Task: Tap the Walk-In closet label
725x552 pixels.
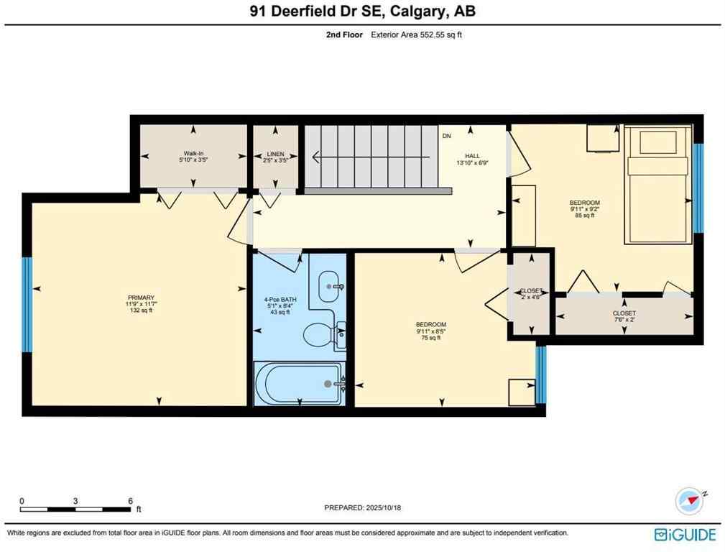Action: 193,157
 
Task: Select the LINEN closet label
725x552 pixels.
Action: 275,157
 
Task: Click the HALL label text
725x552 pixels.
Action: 471,160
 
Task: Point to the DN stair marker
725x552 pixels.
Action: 446,136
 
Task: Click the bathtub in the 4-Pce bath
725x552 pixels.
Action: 299,384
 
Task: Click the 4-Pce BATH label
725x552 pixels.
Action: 279,305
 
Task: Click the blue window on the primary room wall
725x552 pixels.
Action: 27,304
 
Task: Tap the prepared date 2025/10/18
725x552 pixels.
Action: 362,508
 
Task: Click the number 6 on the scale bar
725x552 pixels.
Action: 130,501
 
